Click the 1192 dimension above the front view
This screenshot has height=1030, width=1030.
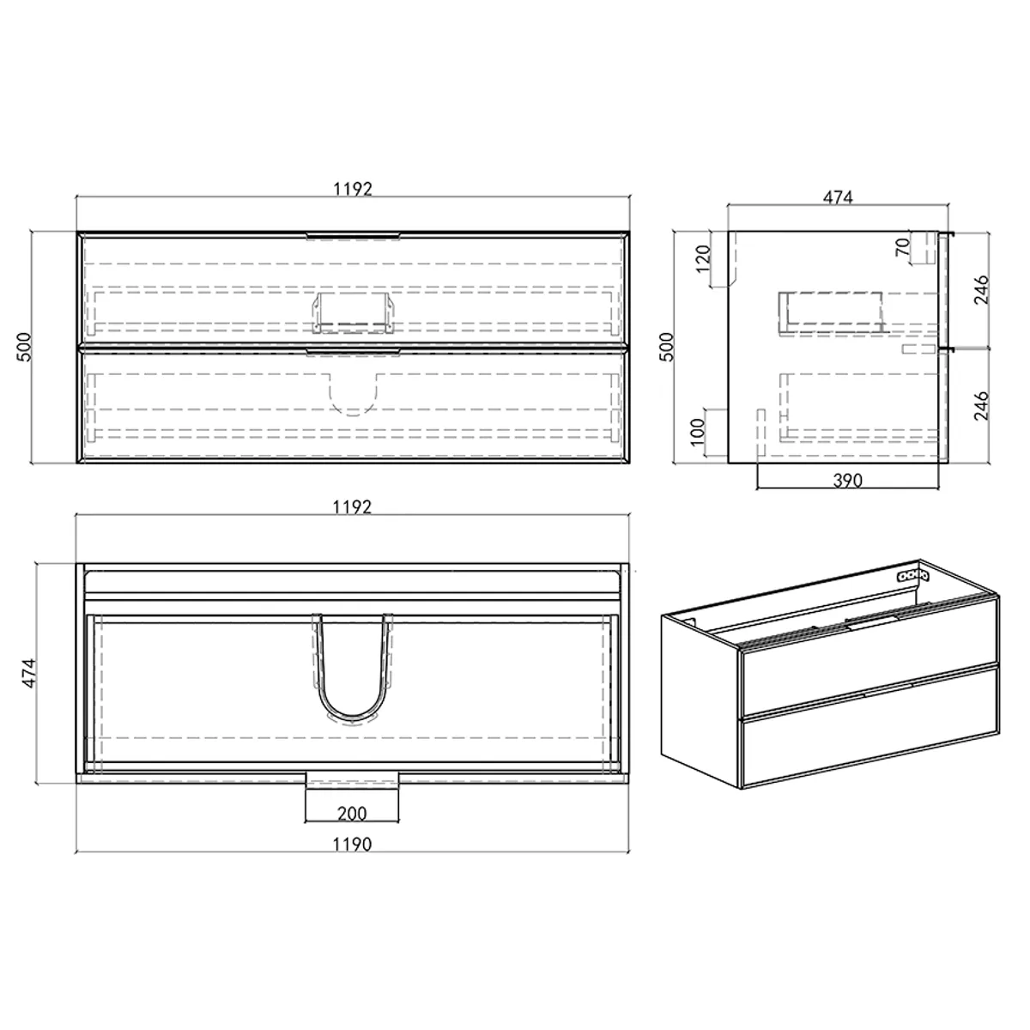click(352, 189)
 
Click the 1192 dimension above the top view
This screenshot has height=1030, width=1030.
click(352, 506)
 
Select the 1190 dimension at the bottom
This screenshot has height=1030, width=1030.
click(352, 845)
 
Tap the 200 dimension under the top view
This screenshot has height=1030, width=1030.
click(352, 813)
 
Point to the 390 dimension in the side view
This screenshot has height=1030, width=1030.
click(847, 481)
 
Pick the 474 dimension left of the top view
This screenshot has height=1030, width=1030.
click(27, 674)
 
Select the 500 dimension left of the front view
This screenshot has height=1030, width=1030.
click(25, 346)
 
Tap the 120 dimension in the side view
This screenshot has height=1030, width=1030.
click(703, 257)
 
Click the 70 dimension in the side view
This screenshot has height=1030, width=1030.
click(902, 249)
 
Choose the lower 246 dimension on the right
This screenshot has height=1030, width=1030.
click(983, 405)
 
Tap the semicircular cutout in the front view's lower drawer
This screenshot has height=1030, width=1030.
click(353, 395)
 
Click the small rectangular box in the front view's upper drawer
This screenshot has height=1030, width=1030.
click(353, 312)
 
